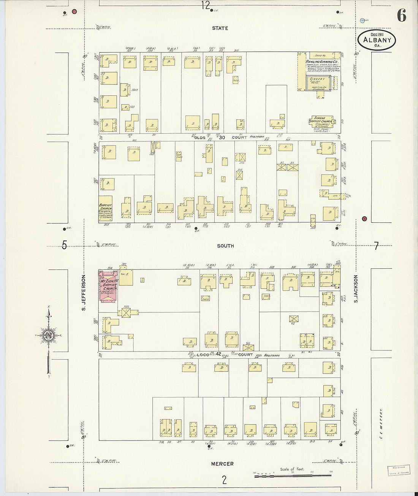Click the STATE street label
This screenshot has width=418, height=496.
point(220,28)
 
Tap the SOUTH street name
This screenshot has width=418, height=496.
point(225,246)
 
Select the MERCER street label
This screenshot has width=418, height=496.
point(223,464)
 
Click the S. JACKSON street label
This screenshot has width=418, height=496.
point(356,289)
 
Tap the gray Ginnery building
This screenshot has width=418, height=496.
point(318,82)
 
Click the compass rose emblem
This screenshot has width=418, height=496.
point(49,335)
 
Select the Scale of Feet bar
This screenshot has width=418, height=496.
point(292,475)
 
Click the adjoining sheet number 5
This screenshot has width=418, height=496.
point(64,246)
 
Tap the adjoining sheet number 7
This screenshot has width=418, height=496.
point(376,246)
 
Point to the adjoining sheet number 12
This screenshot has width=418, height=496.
point(206,5)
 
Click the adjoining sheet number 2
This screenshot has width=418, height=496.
point(224,480)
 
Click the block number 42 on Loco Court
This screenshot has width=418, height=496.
point(219,354)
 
